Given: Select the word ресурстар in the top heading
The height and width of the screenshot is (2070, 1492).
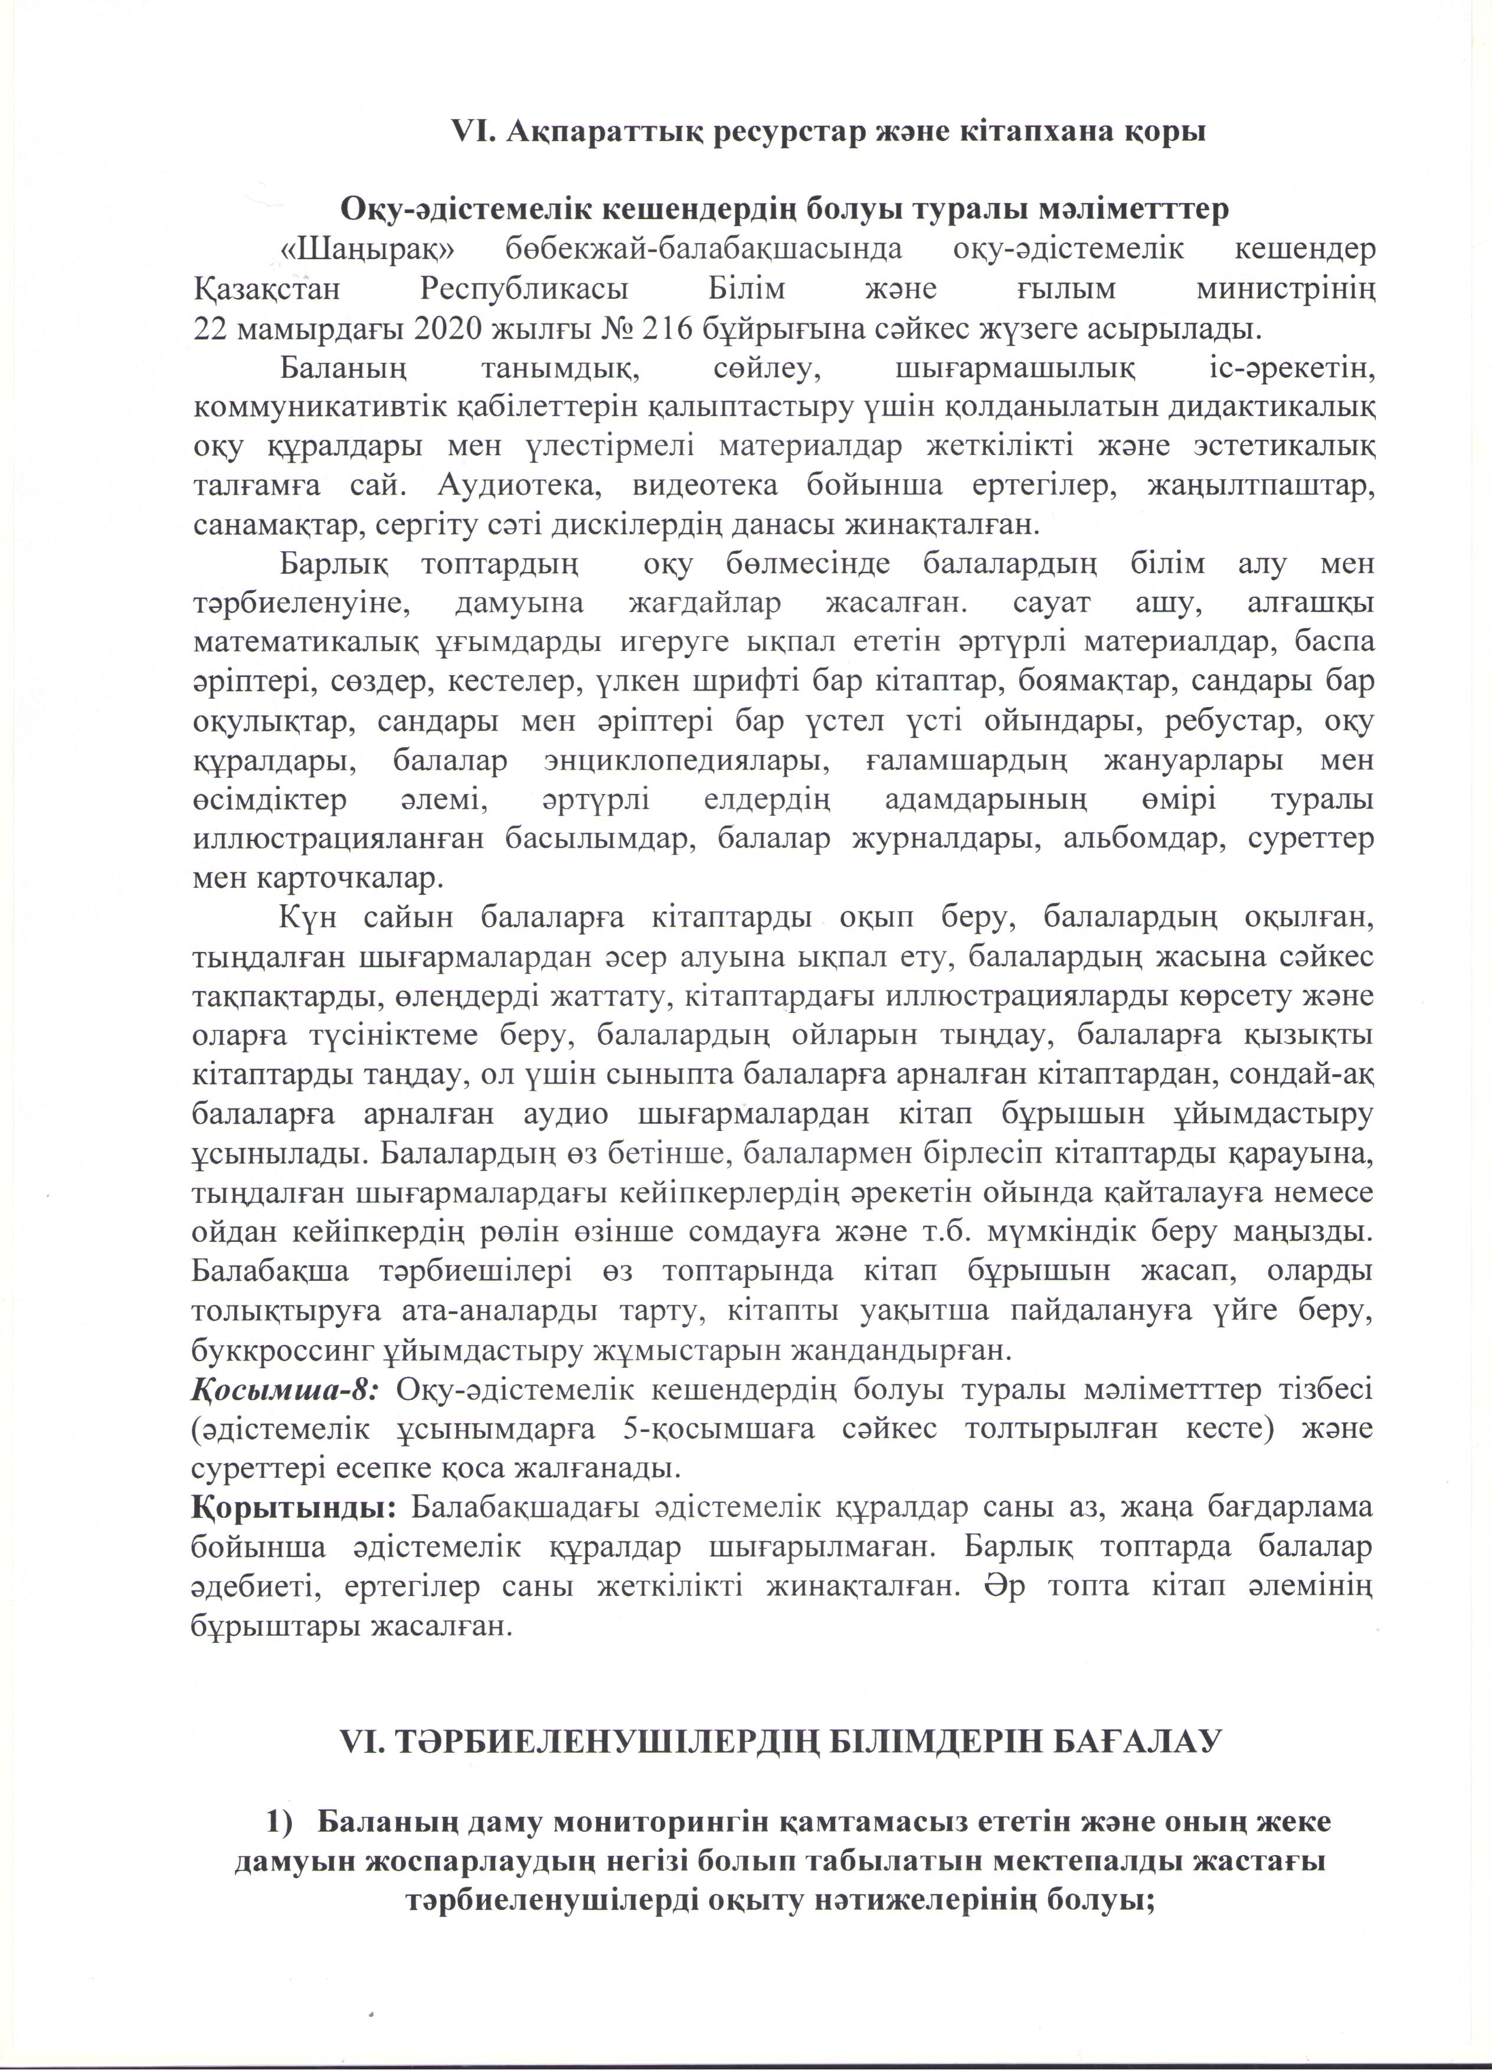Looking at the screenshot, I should pyautogui.click(x=785, y=132).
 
